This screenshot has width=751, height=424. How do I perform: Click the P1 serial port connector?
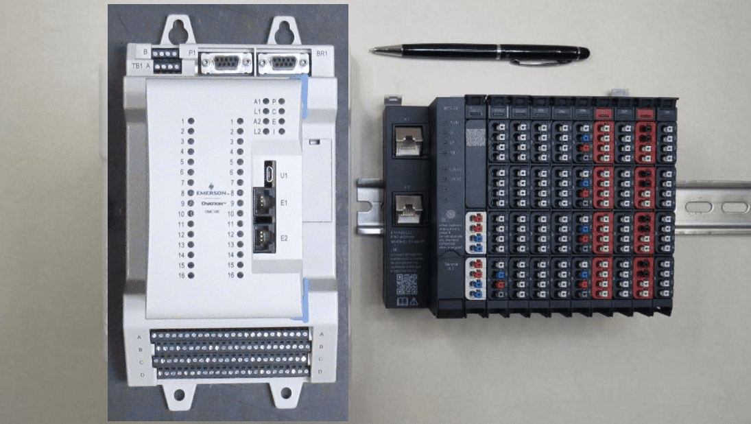point(224,63)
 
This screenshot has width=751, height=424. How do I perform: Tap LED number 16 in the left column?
point(191,275)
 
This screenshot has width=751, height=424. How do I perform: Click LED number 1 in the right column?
point(241,121)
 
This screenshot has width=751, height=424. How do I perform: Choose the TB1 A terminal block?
point(167,66)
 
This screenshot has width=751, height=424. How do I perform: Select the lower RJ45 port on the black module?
point(410,206)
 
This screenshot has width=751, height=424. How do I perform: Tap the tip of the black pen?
point(372,49)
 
